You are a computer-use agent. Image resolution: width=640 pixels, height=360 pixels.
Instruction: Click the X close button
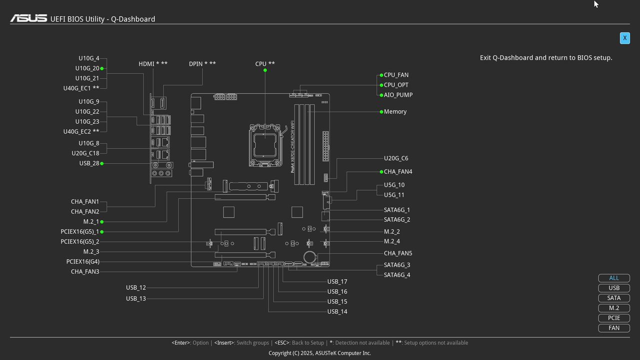pyautogui.click(x=624, y=38)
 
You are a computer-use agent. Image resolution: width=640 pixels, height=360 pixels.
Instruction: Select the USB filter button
pyautogui.click(x=614, y=288)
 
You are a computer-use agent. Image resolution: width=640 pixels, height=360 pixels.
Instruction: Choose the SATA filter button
pyautogui.click(x=614, y=298)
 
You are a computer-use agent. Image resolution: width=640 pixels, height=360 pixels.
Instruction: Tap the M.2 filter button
pyautogui.click(x=614, y=308)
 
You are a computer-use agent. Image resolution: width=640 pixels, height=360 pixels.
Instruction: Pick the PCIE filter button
pyautogui.click(x=614, y=318)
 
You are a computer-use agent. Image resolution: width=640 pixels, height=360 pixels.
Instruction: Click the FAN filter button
pyautogui.click(x=614, y=328)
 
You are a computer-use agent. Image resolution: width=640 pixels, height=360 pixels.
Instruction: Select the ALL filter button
pyautogui.click(x=614, y=278)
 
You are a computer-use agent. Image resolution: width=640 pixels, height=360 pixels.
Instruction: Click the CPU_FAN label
pyautogui.click(x=396, y=75)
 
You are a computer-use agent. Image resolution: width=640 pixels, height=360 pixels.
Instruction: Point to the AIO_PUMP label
pyautogui.click(x=398, y=95)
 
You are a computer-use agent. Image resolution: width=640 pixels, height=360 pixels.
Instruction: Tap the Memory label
pyautogui.click(x=395, y=111)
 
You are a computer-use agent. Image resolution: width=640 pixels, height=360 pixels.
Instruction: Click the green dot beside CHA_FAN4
pyautogui.click(x=381, y=171)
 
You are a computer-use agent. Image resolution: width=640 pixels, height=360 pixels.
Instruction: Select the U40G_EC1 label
pyautogui.click(x=81, y=88)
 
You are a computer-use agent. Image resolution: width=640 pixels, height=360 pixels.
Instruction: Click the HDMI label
pyautogui.click(x=153, y=64)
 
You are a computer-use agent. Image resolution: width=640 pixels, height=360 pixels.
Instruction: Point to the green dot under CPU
pyautogui.click(x=265, y=70)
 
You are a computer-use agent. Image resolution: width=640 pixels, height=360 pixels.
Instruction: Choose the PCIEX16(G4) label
pyautogui.click(x=82, y=261)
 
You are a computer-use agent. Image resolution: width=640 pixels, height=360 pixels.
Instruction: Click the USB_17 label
pyautogui.click(x=337, y=282)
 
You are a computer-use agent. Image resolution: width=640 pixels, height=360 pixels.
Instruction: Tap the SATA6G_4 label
pyautogui.click(x=397, y=275)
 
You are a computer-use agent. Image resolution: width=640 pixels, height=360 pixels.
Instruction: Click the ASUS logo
pyautogui.click(x=28, y=18)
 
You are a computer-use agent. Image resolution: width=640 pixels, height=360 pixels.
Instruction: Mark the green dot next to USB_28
pyautogui.click(x=102, y=163)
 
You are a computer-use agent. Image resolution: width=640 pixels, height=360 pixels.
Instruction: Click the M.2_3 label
pyautogui.click(x=91, y=251)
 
